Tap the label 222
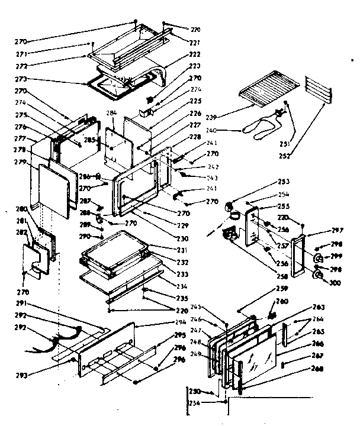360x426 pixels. pyautogui.click(x=195, y=54)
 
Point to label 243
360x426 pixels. pyautogui.click(x=196, y=177)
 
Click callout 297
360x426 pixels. pyautogui.click(x=337, y=230)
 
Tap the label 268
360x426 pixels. pyautogui.click(x=319, y=369)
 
